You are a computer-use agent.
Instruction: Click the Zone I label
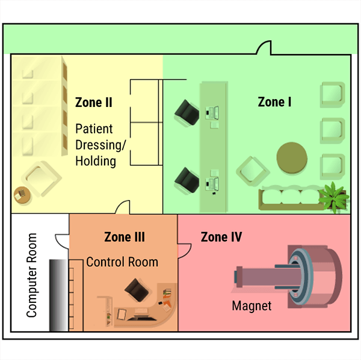pyautogui.click(x=274, y=102)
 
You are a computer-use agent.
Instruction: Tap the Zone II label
pyautogui.click(x=94, y=102)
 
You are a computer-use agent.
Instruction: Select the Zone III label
pyautogui.click(x=125, y=237)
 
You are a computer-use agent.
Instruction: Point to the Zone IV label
pyautogui.click(x=221, y=237)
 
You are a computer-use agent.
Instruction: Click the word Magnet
pyautogui.click(x=251, y=306)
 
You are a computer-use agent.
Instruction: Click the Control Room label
pyautogui.click(x=122, y=262)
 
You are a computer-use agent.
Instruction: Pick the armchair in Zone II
pyautogui.click(x=42, y=180)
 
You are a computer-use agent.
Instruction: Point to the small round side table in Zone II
pyautogui.click(x=22, y=195)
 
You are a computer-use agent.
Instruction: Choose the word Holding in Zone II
pyautogui.click(x=96, y=161)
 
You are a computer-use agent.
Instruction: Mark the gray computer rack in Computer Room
pyautogui.click(x=58, y=294)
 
